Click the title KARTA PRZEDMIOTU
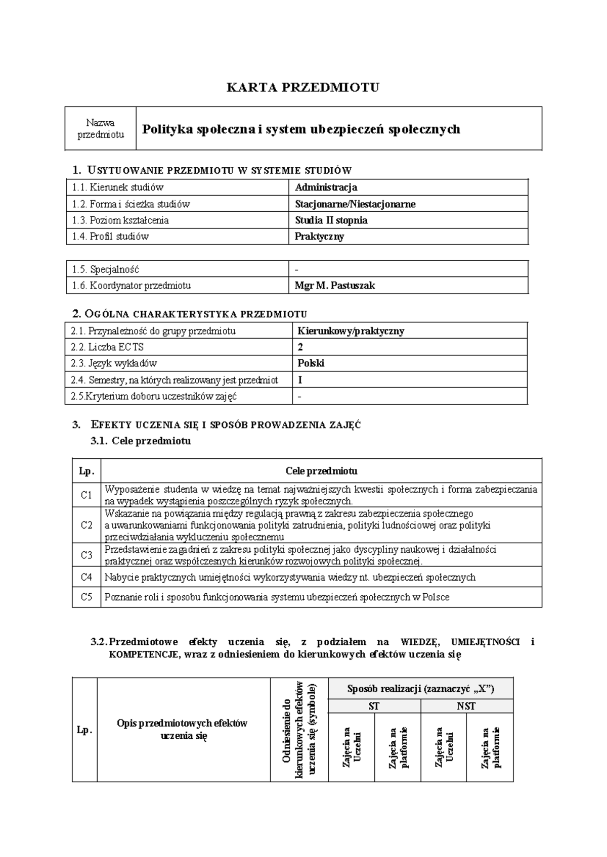[x=302, y=87]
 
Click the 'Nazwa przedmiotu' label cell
[x=100, y=128]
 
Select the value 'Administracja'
[x=326, y=187]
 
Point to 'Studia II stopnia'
[x=331, y=220]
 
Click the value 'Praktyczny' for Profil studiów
[x=320, y=236]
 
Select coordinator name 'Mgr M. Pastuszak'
[x=335, y=285]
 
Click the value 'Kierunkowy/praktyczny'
[x=351, y=331]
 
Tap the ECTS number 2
[x=300, y=347]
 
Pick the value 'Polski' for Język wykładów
[x=311, y=363]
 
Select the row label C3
[x=86, y=555]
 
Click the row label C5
[x=86, y=597]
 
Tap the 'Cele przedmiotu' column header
[x=321, y=471]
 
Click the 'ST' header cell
[x=374, y=706]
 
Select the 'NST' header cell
[x=466, y=706]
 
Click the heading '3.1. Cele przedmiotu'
[x=141, y=441]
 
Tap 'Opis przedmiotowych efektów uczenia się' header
[x=183, y=729]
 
